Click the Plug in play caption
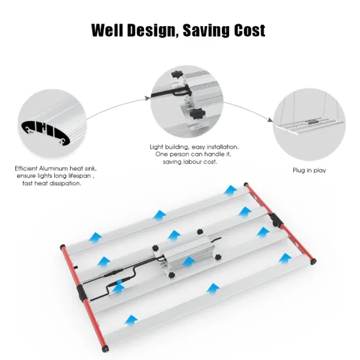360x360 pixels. coord(310,170)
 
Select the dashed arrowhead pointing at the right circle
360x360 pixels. coord(268,120)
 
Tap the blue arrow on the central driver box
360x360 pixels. coord(189,262)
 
